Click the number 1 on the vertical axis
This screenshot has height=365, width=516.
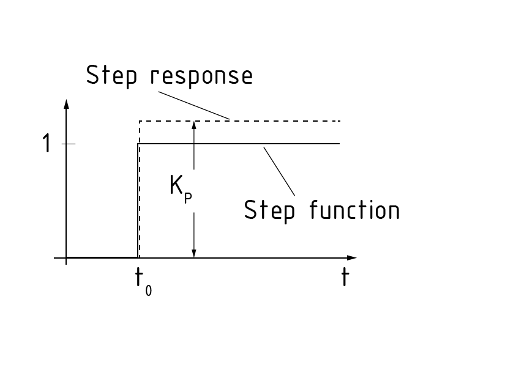pyautogui.click(x=46, y=144)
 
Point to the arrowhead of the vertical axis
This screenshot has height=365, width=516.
pyautogui.click(x=67, y=103)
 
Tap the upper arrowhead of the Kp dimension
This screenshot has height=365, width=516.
pyautogui.click(x=194, y=125)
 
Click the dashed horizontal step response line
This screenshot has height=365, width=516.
pyautogui.click(x=275, y=121)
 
